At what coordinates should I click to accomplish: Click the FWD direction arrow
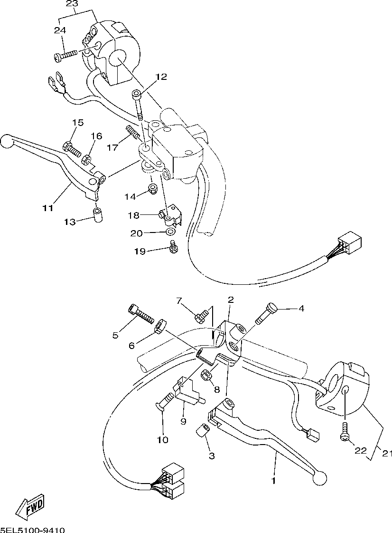30,507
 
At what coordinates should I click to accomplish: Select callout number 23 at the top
72,4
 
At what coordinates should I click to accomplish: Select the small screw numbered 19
173,247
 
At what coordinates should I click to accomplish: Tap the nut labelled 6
159,327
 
